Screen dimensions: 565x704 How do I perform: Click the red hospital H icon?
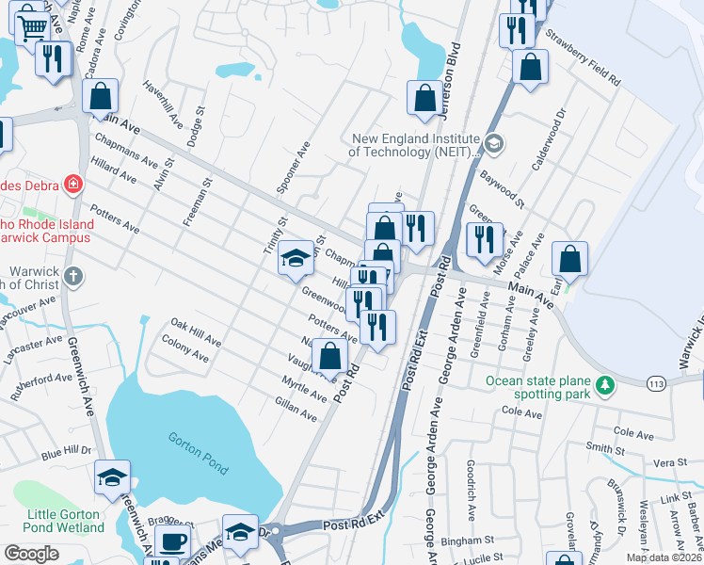(72, 183)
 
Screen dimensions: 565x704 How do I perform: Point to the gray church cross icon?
(75, 277)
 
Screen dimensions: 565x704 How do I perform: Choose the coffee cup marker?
(172, 541)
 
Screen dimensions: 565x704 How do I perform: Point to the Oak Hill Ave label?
(195, 331)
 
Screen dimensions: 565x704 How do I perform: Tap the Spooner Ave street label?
(294, 168)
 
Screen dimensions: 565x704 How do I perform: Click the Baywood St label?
(501, 184)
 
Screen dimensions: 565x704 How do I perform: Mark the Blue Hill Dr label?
(67, 454)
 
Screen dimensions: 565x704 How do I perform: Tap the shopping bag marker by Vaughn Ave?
(329, 357)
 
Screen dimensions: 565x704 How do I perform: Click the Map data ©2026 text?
(664, 557)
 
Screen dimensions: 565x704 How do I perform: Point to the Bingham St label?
(470, 541)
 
